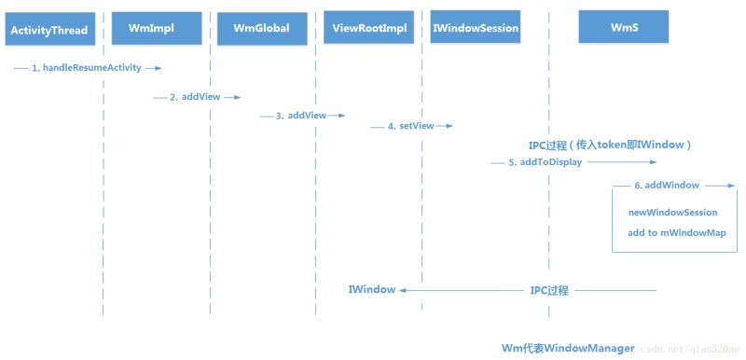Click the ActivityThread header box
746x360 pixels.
49,30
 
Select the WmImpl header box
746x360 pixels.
156,28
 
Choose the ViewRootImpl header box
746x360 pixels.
370,28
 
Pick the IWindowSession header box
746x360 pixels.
476,28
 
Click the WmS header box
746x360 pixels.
623,28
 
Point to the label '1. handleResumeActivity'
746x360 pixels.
90,68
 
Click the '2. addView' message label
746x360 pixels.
192,97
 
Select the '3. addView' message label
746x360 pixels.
300,116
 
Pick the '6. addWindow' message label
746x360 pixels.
667,186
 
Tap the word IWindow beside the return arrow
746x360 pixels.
371,290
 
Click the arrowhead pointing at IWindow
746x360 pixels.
404,291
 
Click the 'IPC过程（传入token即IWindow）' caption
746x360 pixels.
609,145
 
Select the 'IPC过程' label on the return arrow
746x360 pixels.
548,290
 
